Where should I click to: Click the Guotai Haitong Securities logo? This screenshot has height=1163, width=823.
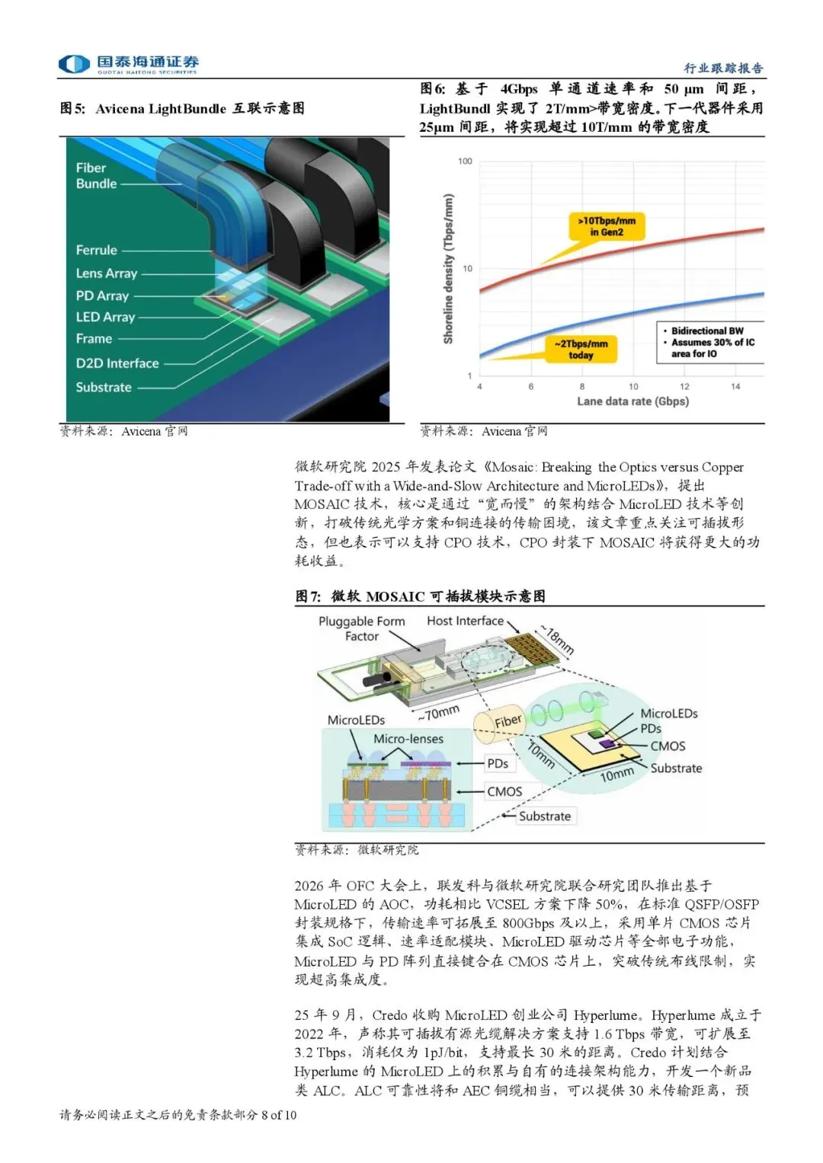(129, 64)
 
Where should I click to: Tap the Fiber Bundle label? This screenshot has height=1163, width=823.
(96, 176)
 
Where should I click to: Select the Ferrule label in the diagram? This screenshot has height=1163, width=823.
(97, 251)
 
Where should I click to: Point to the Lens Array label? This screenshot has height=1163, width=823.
(107, 273)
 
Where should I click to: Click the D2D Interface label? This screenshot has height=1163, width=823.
(117, 364)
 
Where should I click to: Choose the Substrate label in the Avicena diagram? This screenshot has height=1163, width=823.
(104, 388)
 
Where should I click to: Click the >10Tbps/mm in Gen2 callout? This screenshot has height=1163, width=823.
(607, 226)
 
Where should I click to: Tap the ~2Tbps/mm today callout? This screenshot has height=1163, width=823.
(581, 350)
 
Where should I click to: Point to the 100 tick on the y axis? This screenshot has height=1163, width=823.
(465, 161)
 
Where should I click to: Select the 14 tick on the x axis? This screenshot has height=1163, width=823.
(735, 387)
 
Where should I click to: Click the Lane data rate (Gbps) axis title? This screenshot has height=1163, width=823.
(632, 401)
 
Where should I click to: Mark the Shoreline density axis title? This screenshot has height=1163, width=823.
(449, 268)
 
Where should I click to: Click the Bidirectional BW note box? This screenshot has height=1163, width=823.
(710, 342)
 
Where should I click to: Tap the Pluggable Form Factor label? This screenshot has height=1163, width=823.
(362, 628)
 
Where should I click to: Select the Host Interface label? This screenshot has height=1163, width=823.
(465, 621)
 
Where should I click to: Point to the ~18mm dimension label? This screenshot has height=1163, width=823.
(557, 640)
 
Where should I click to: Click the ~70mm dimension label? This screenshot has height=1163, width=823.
(438, 714)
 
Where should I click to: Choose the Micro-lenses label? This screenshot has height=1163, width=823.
(408, 739)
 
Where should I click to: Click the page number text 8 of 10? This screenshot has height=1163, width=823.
(278, 1115)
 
